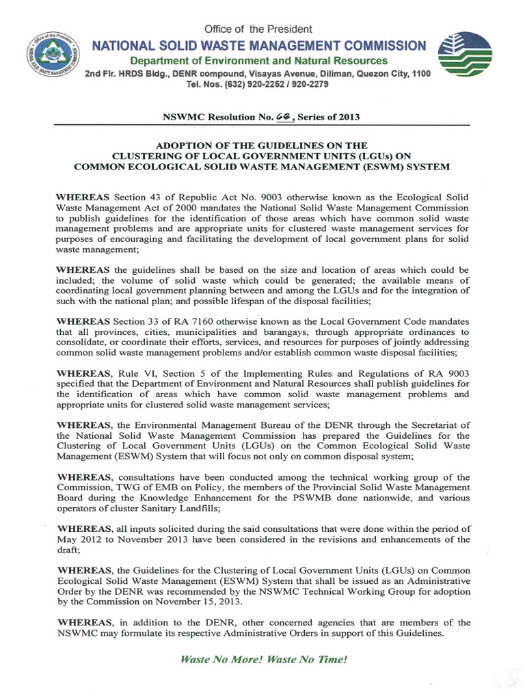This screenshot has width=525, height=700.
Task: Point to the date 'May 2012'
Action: click(x=80, y=539)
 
